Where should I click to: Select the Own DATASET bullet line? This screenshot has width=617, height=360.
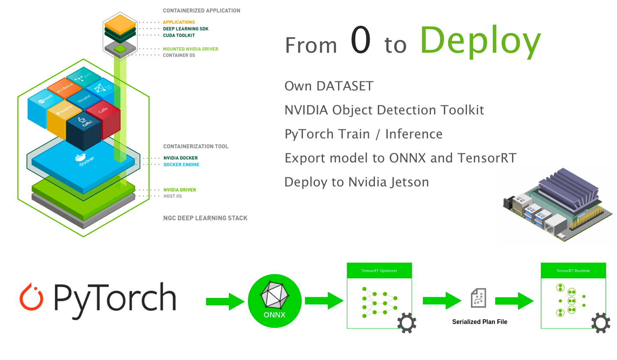click(329, 86)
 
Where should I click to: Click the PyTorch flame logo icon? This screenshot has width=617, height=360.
click(32, 296)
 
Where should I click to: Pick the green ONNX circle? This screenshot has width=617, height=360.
click(275, 301)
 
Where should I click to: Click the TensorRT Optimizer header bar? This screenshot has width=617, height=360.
click(379, 270)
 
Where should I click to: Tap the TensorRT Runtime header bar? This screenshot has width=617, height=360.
click(573, 270)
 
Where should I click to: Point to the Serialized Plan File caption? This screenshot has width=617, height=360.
click(479, 322)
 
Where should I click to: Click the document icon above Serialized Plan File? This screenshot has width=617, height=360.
click(479, 297)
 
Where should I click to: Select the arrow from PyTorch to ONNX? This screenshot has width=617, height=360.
click(225, 301)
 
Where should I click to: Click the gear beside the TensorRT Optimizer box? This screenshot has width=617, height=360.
click(407, 324)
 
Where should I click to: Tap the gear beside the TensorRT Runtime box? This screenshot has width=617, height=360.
click(601, 324)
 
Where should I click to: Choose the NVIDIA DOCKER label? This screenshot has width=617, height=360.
click(180, 158)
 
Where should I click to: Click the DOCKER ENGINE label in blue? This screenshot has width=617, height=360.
click(181, 165)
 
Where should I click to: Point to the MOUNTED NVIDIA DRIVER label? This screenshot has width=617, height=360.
click(190, 49)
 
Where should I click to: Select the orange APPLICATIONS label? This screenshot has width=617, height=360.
click(179, 22)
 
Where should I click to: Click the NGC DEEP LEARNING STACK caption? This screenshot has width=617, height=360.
click(205, 218)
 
